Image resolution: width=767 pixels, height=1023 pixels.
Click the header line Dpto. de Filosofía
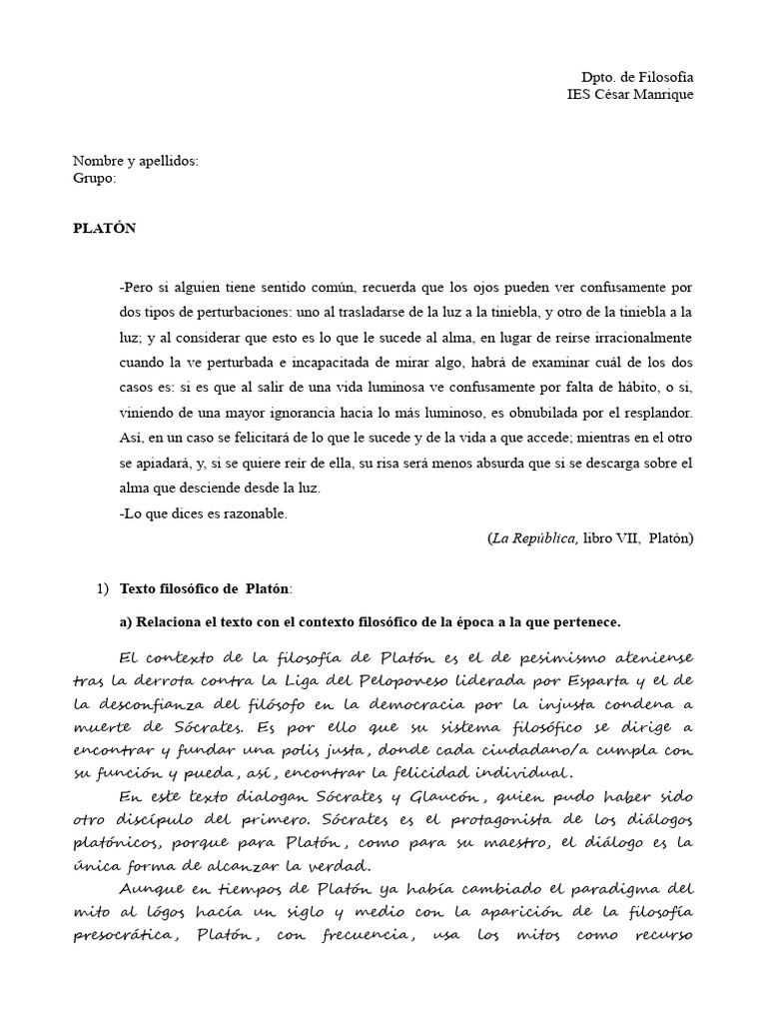point(637,77)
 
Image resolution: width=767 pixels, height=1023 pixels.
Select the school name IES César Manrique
point(629,95)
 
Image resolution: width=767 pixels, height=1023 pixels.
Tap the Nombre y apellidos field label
point(136,161)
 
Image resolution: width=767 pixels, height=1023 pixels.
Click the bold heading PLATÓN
point(104,229)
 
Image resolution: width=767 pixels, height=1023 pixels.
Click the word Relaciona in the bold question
point(167,622)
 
